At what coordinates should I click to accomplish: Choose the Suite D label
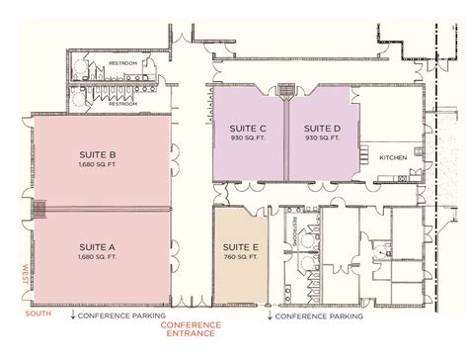tap(322, 128)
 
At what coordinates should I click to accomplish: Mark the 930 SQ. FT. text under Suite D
tap(322, 137)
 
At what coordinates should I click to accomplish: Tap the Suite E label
tap(242, 247)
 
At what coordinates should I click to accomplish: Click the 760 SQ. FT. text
tap(242, 257)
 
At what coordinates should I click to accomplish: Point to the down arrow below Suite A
tap(75, 317)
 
